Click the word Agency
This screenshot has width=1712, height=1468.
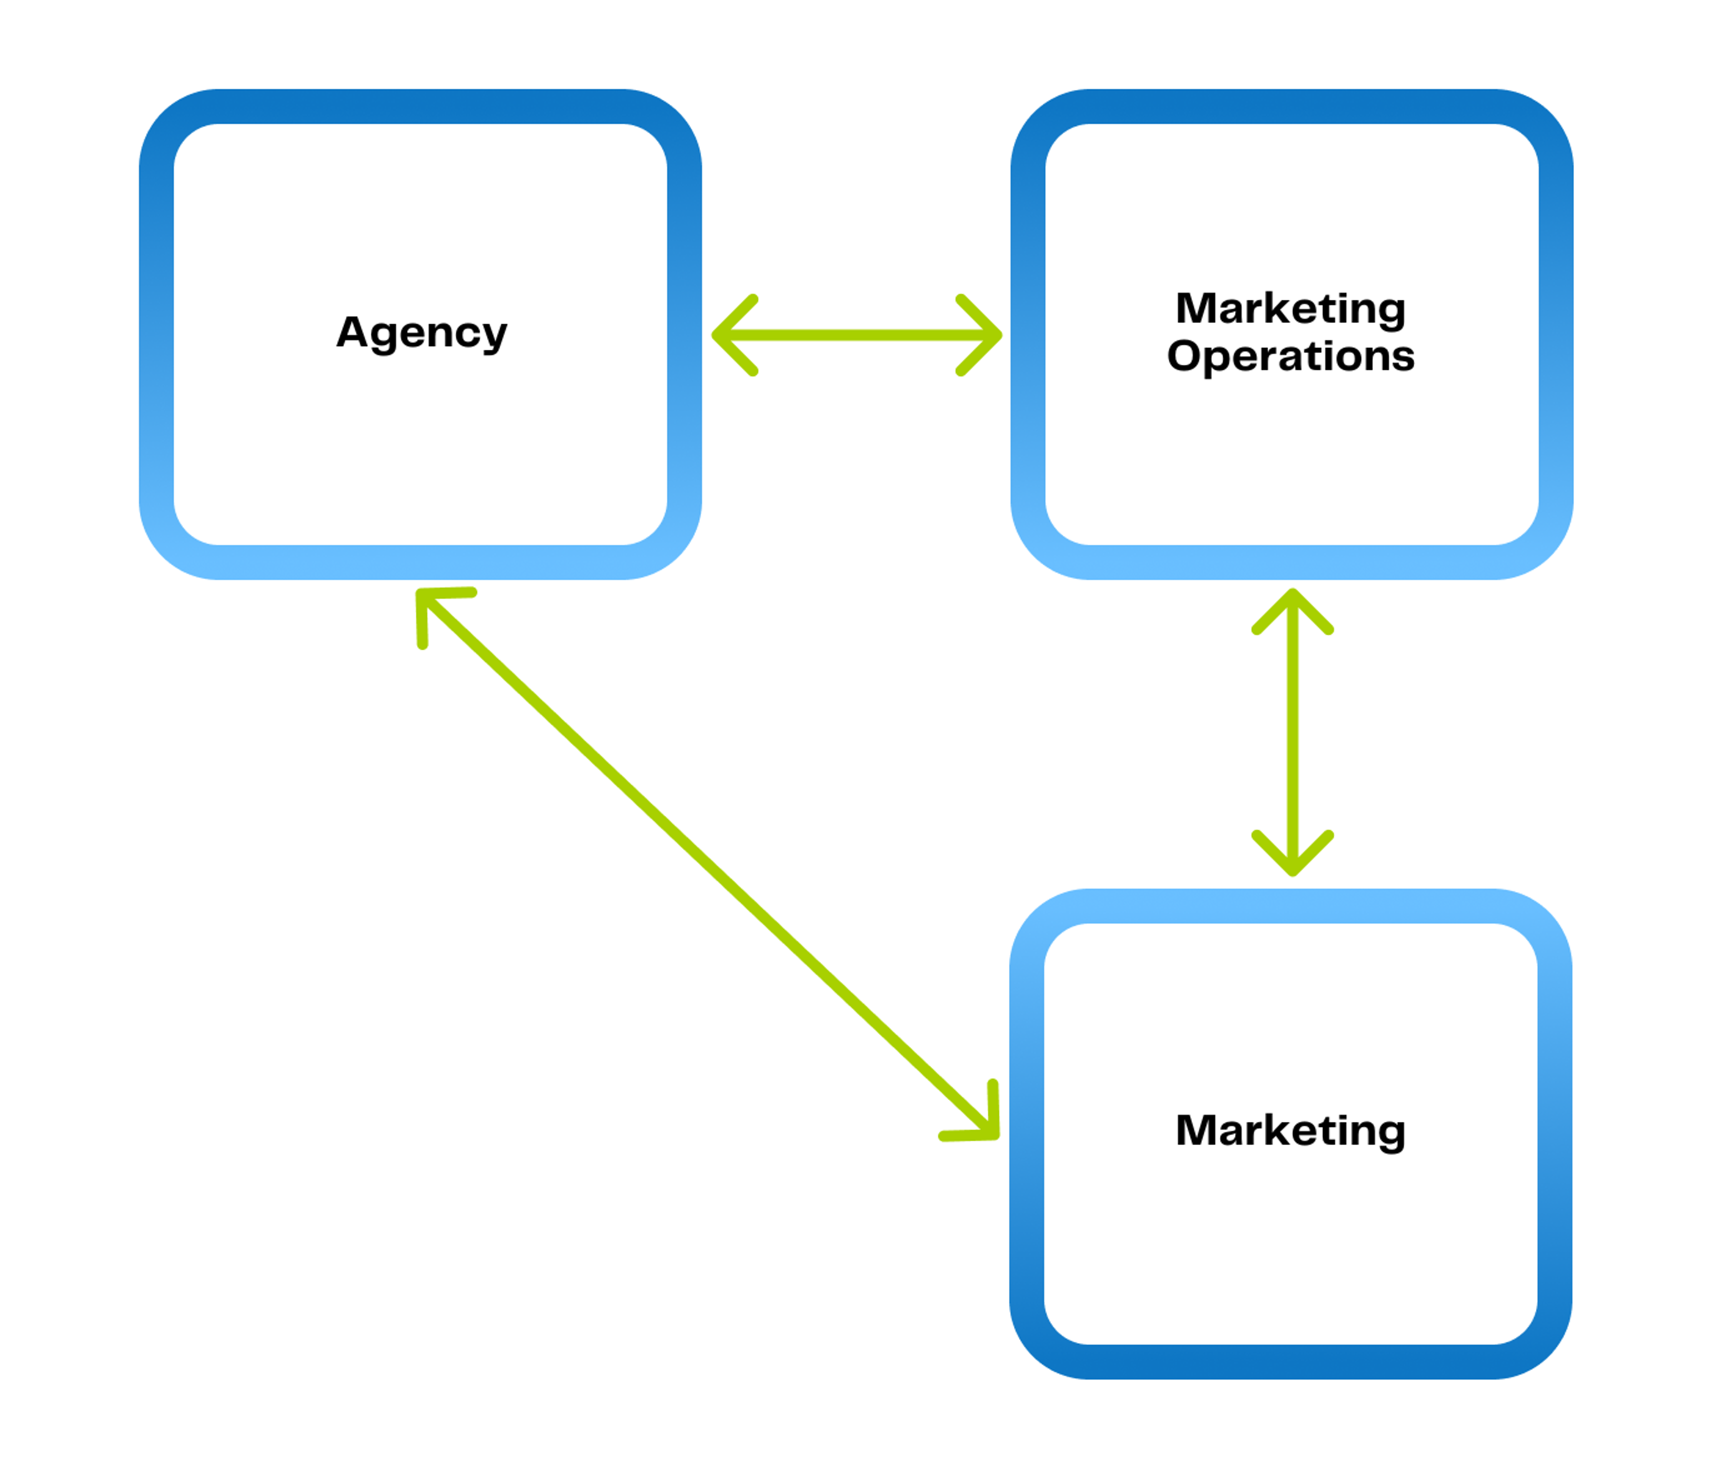(421, 334)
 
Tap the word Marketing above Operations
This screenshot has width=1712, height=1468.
(1291, 310)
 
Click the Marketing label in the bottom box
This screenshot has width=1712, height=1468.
(1291, 1131)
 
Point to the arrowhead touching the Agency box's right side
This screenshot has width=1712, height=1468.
(734, 335)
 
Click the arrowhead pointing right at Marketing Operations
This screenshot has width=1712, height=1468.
(980, 335)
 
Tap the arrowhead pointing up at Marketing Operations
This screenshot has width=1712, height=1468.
(1293, 611)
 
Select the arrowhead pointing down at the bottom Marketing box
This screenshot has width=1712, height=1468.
(1293, 852)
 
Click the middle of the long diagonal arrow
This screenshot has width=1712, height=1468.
(707, 864)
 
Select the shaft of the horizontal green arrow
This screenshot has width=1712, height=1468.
(857, 335)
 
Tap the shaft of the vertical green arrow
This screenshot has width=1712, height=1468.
(1293, 732)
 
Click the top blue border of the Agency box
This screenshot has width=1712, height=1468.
(421, 107)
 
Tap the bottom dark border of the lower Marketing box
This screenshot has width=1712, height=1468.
(1291, 1361)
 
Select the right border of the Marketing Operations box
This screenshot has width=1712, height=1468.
(1556, 334)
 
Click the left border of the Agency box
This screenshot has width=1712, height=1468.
(156, 334)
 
